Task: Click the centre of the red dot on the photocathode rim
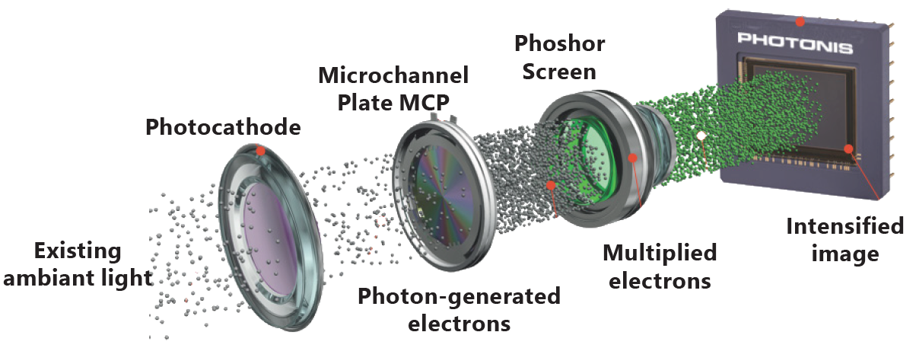[260, 151]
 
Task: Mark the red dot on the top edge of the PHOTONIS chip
[800, 21]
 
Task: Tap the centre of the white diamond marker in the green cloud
[701, 136]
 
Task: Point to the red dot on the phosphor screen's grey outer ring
[633, 158]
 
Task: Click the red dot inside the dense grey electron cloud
[552, 186]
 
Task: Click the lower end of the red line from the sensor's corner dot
[879, 200]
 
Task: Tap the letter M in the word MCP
[410, 102]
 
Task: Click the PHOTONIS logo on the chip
[795, 43]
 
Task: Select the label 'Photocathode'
[223, 127]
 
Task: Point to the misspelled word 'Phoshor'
[560, 43]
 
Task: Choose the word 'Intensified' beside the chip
[844, 226]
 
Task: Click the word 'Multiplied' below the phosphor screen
[660, 253]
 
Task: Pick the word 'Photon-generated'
[459, 296]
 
